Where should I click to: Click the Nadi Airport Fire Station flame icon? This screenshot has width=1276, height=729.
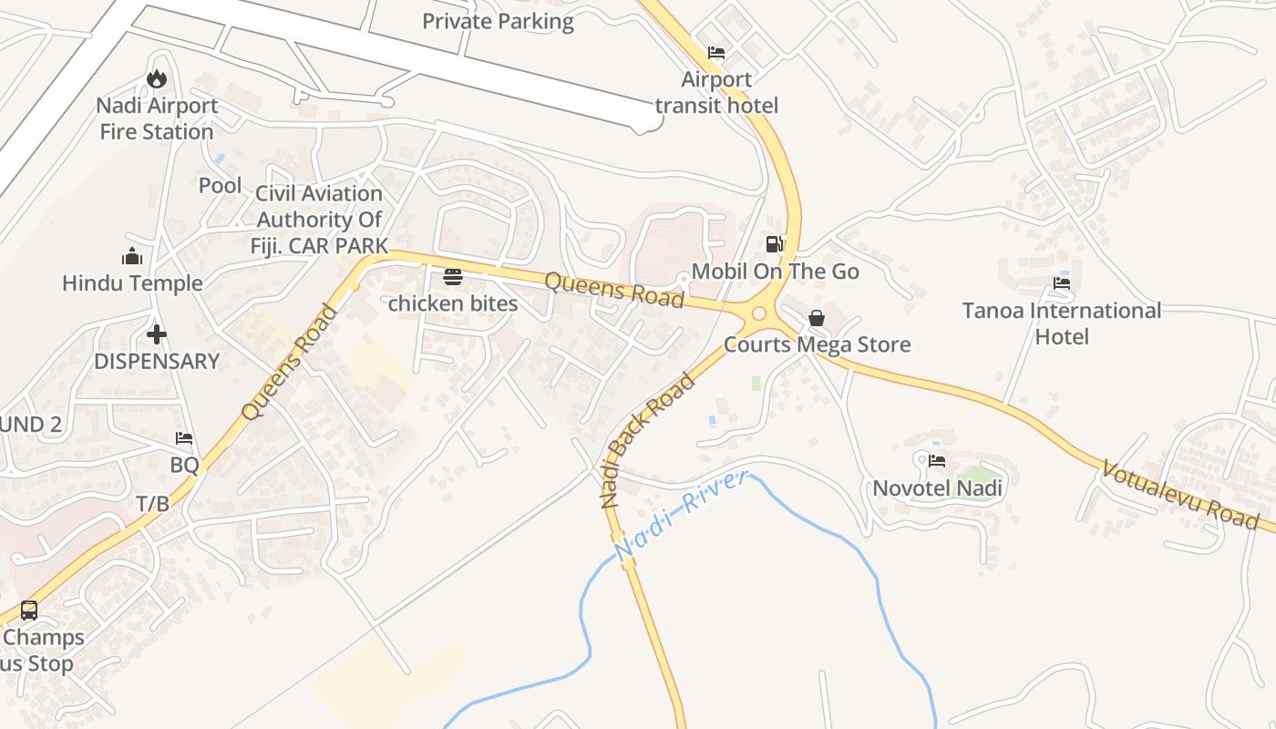pos(157,79)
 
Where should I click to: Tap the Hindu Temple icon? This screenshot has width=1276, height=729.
pos(132,257)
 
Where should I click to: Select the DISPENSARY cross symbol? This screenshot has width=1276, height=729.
pos(157,334)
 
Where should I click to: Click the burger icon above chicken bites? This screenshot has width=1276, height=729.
pos(453,277)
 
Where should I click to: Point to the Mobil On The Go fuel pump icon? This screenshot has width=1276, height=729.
pos(774,244)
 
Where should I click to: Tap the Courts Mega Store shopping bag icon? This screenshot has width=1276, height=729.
pos(817,318)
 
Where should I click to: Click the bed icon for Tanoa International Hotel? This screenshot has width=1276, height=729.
pos(1062,283)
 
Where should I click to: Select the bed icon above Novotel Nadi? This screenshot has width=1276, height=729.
pos(937,461)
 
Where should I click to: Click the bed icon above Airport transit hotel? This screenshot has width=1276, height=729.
pos(716,53)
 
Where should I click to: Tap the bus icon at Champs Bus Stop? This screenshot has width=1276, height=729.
pos(29,611)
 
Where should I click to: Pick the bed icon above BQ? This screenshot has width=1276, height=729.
pos(184,438)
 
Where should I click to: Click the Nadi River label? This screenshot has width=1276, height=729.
pos(681,515)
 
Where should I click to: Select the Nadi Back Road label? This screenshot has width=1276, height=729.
pos(647,439)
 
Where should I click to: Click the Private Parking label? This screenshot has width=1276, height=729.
pos(498,21)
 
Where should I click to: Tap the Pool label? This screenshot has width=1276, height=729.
pos(221,186)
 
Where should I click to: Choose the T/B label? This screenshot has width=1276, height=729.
pos(153,503)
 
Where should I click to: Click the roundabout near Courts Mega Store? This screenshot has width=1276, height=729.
pos(758,314)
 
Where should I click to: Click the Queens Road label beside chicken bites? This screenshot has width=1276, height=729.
pos(613,290)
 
